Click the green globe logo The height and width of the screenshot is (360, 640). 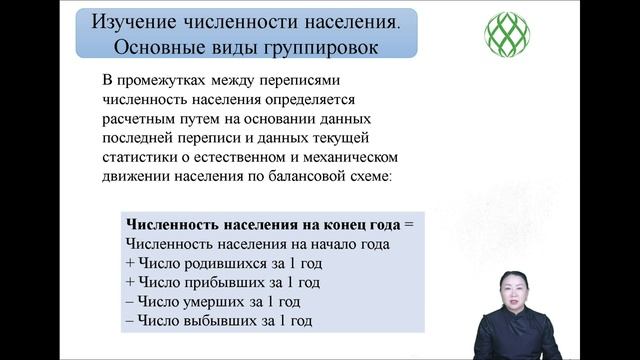coord(507,34)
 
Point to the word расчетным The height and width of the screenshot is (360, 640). coord(136,118)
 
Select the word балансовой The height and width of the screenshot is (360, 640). coord(279,176)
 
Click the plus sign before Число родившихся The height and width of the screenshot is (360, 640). coord(131,263)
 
